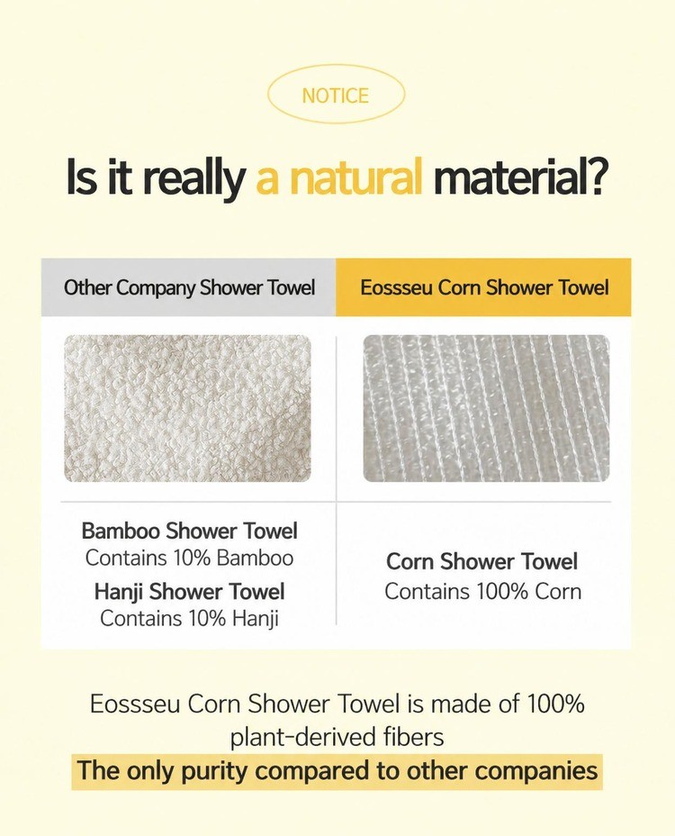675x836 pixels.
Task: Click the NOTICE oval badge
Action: pyautogui.click(x=336, y=95)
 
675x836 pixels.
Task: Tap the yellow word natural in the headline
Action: pyautogui.click(x=355, y=177)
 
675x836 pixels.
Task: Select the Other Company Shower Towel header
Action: pyautogui.click(x=189, y=287)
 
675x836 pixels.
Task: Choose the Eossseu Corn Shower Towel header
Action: pyautogui.click(x=484, y=287)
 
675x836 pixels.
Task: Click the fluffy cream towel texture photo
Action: pyautogui.click(x=187, y=408)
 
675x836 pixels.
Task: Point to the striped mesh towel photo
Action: pyautogui.click(x=486, y=408)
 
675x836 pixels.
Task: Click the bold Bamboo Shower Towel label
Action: pyautogui.click(x=190, y=531)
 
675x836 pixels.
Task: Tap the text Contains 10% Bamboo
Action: pyautogui.click(x=189, y=558)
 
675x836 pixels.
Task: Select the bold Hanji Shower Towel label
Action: pyautogui.click(x=190, y=591)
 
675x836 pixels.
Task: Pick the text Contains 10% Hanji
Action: pyautogui.click(x=189, y=619)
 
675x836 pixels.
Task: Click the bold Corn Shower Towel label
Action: pyautogui.click(x=482, y=561)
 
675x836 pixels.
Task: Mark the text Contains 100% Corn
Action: pyautogui.click(x=482, y=591)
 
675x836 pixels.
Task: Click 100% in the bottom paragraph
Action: pyautogui.click(x=555, y=704)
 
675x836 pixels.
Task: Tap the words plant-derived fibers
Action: pyautogui.click(x=337, y=738)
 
